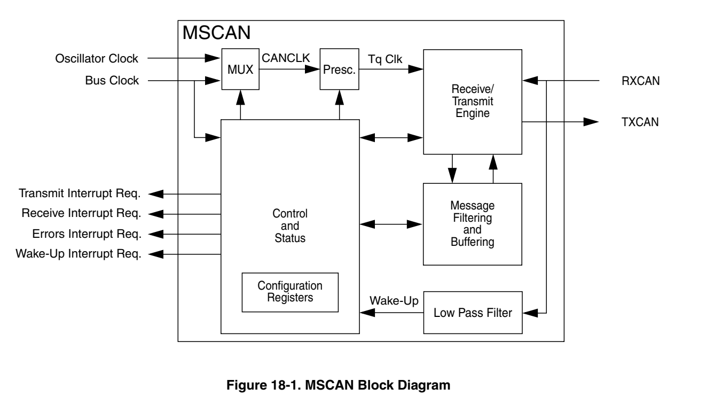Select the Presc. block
[339, 70]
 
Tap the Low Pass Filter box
[472, 313]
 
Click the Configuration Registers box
[290, 292]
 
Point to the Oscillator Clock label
[97, 58]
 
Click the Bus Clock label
[112, 81]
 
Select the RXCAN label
[640, 81]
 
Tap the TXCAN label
[640, 122]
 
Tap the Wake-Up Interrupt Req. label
[80, 254]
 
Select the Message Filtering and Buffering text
[472, 224]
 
